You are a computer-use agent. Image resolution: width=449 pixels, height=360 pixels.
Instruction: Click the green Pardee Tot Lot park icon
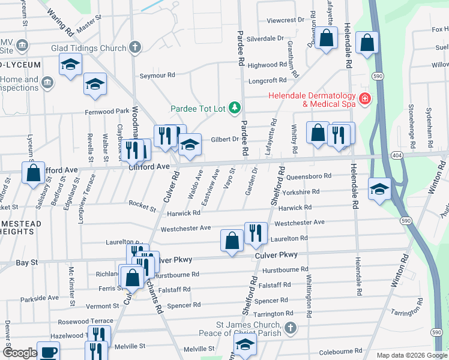[x=236, y=108]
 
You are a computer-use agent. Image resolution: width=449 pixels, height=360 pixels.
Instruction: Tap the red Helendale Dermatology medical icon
[x=364, y=100]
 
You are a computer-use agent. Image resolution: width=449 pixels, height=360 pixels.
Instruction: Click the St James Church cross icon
[x=291, y=328]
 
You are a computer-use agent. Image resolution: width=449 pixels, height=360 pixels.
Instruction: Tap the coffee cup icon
[x=48, y=352]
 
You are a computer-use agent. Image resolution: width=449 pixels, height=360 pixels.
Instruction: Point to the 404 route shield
[x=397, y=154]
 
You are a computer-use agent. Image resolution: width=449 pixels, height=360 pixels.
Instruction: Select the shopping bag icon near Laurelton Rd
[x=232, y=241]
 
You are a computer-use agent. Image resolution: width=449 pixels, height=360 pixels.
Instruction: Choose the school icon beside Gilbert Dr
[x=190, y=145]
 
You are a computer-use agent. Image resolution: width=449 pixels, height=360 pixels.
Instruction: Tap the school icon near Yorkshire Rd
[x=379, y=190]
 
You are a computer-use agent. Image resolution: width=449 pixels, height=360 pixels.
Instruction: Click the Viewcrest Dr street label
[x=286, y=20]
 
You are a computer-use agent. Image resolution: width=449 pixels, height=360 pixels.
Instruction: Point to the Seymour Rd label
[x=157, y=76]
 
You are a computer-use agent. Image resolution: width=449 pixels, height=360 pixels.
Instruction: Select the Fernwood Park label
[x=107, y=112]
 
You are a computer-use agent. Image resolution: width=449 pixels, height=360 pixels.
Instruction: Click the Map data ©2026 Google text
[x=411, y=355]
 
